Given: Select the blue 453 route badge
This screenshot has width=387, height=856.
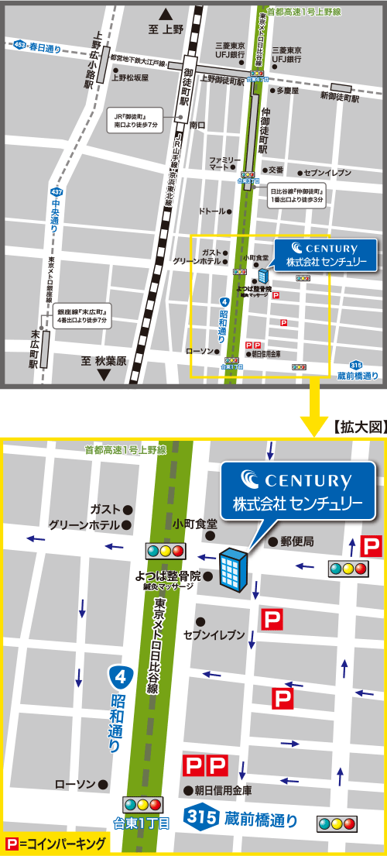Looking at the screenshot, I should [20, 46].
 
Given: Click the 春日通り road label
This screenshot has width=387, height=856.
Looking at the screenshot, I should [46, 47].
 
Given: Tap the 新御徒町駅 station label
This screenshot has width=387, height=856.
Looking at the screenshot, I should [340, 97].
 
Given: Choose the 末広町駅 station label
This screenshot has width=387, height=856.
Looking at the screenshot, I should [34, 349].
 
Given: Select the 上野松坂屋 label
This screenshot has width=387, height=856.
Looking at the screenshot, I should [130, 77].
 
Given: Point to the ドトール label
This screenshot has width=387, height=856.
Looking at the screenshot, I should [212, 211].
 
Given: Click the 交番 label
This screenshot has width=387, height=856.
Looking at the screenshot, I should [276, 170].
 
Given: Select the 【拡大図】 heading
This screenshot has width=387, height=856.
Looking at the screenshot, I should [358, 426].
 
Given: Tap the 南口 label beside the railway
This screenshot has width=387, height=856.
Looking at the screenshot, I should [197, 124].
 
